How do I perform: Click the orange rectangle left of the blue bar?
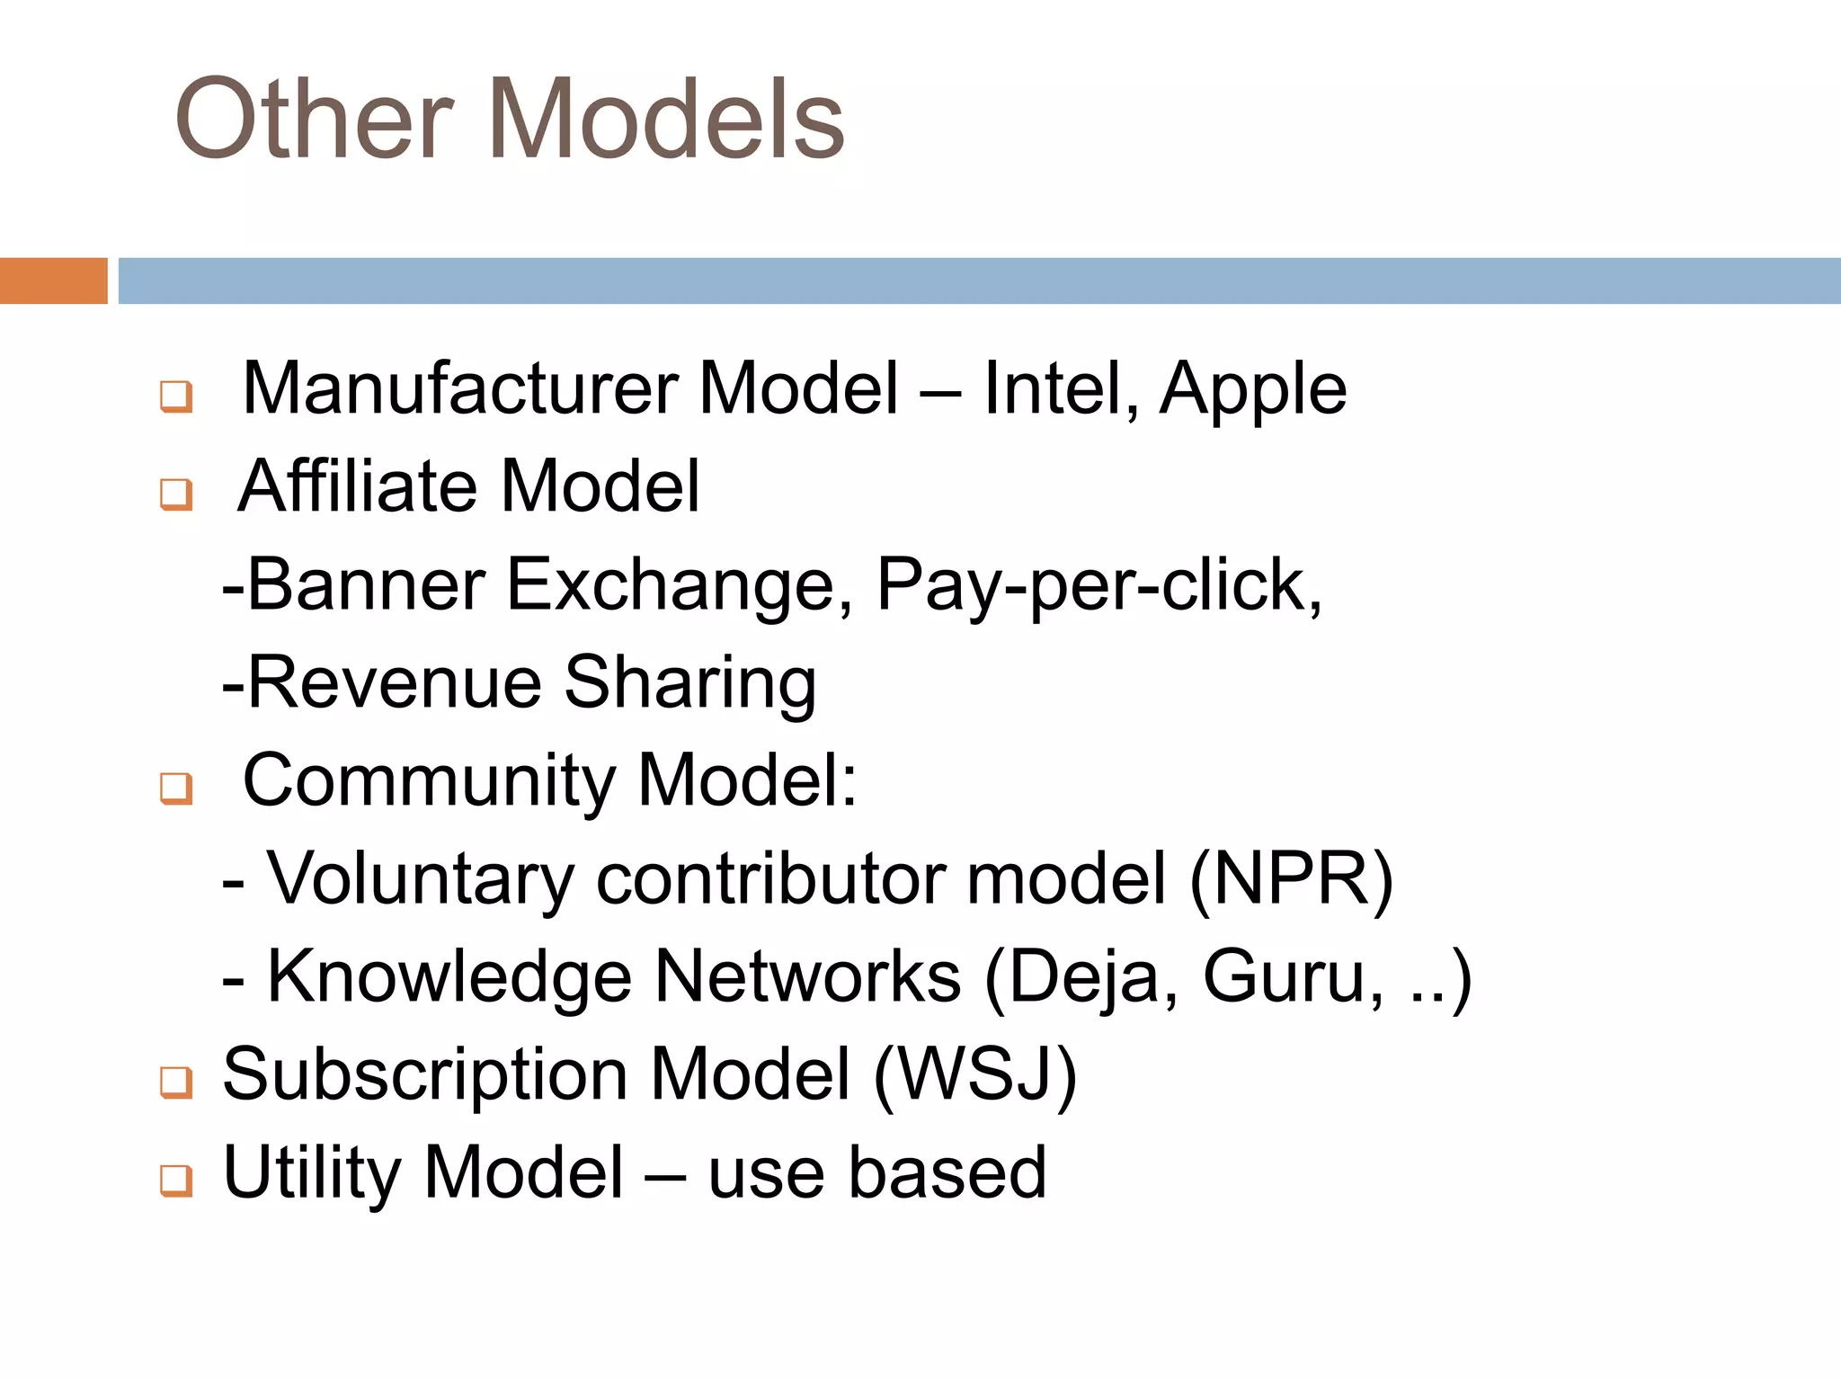coord(53,281)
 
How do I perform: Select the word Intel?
coord(1059,388)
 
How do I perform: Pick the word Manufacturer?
coord(460,388)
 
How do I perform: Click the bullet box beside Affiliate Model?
coord(176,494)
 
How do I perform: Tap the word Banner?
coord(365,584)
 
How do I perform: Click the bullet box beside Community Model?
coord(176,789)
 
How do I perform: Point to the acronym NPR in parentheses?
coord(1291,878)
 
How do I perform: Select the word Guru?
coord(1285,977)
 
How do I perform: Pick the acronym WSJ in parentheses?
coord(974,1074)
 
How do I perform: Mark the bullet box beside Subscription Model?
coord(176,1083)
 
